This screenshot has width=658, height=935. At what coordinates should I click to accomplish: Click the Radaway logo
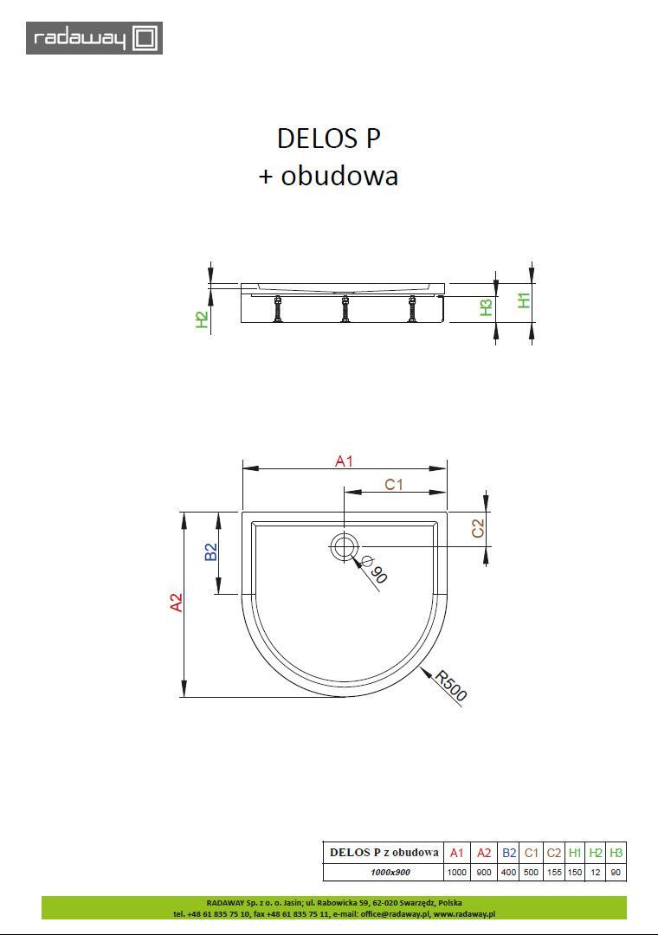coord(94,38)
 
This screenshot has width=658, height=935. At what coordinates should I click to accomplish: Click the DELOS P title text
coord(328,139)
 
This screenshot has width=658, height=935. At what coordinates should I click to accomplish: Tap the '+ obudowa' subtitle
coord(328,176)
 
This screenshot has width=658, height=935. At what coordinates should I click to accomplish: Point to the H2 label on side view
coord(202,320)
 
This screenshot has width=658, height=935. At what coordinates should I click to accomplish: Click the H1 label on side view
coord(523,300)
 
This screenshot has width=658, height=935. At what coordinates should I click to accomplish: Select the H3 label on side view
coord(487,306)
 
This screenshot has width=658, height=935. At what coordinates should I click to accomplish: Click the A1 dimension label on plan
coord(345,461)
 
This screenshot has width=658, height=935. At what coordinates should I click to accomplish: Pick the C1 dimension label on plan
coord(394,484)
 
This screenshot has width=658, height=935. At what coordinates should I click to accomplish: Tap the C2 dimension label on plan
coord(478,526)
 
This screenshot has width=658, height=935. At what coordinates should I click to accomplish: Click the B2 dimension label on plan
coord(210,551)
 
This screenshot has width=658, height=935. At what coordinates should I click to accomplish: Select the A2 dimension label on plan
coord(177,603)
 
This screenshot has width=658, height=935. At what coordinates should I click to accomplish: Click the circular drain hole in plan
coord(345,546)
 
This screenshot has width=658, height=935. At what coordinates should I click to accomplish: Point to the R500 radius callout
coord(451,686)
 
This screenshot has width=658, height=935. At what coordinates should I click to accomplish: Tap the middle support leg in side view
coord(345,309)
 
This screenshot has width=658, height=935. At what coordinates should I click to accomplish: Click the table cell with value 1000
coord(457,873)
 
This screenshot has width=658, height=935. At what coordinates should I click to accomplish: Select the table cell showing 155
coord(554,873)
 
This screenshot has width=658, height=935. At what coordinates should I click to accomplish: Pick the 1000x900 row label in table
coord(384,873)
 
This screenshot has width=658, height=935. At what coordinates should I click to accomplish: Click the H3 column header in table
coord(616,853)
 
